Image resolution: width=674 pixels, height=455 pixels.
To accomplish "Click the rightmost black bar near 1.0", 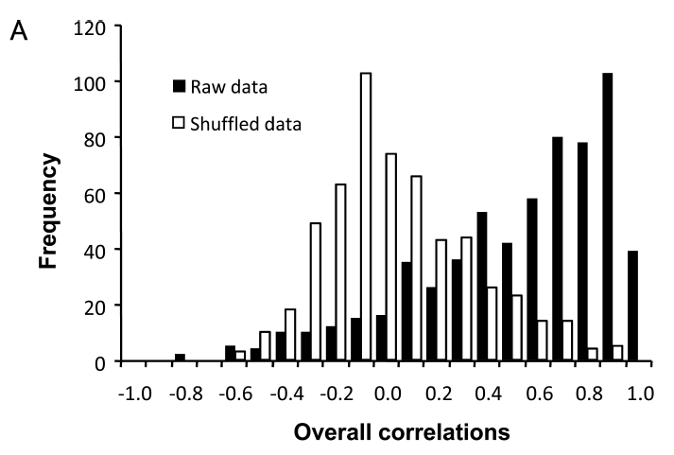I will pyautogui.click(x=632, y=307).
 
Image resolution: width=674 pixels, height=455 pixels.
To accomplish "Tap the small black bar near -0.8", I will pyautogui.click(x=180, y=358).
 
